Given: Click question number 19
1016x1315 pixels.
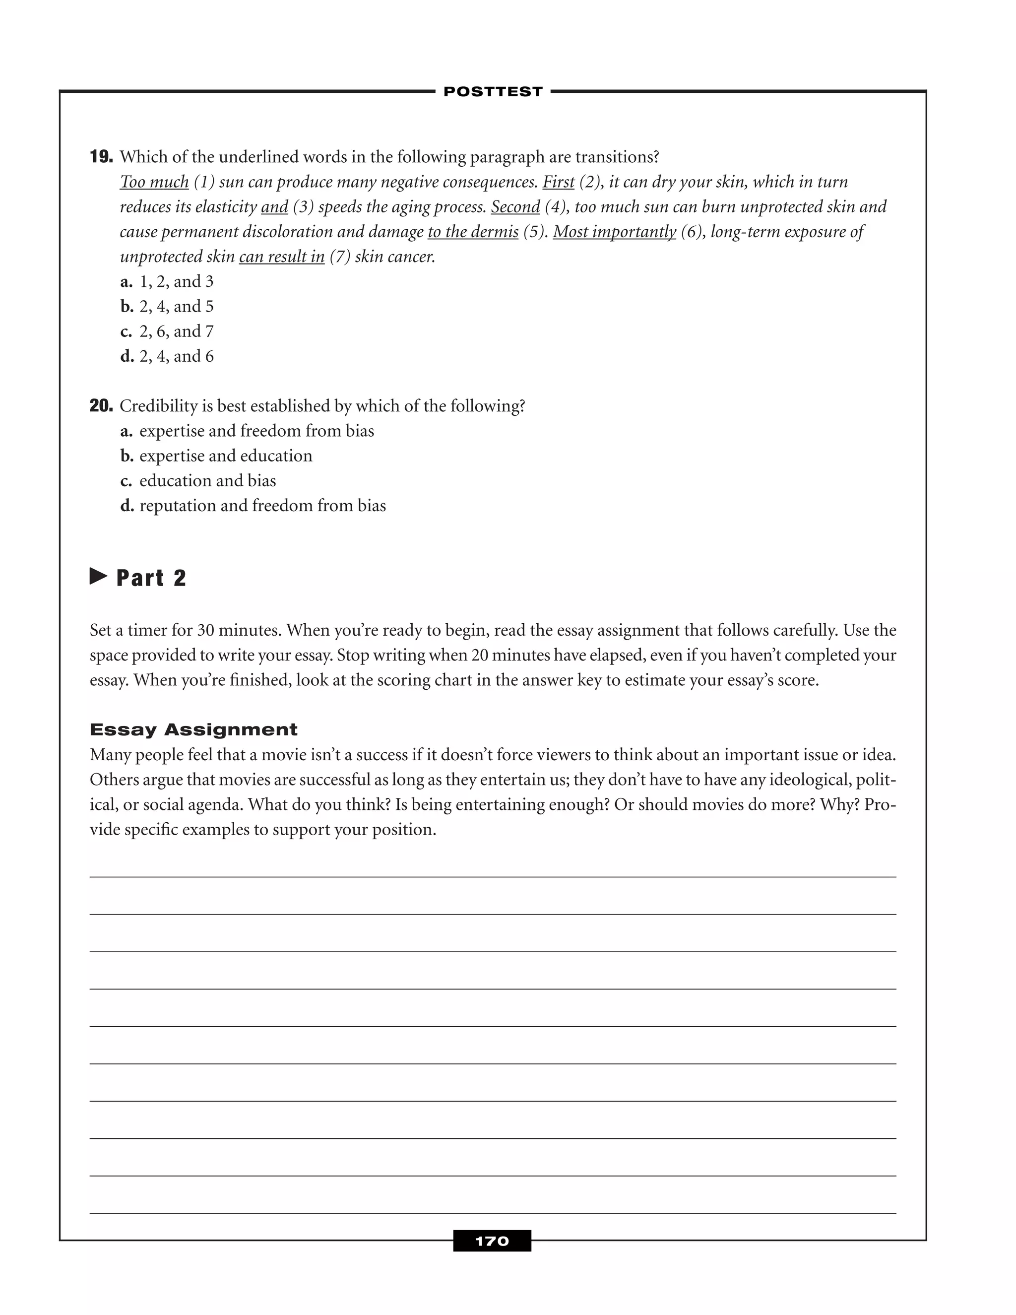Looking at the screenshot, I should click(101, 157).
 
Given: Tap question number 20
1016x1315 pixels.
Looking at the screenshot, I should click(101, 406).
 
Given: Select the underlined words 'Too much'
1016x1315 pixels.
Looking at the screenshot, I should click(154, 182).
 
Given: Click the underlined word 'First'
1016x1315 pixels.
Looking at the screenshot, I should click(558, 182).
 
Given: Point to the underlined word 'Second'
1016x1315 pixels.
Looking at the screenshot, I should click(515, 206).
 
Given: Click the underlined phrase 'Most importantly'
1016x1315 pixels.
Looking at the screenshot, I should click(614, 232).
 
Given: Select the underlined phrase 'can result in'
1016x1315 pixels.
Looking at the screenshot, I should click(282, 257).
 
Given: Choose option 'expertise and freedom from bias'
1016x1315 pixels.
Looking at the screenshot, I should click(256, 431).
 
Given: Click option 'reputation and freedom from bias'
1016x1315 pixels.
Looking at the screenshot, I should click(262, 506).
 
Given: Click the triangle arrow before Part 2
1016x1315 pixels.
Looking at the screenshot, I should click(98, 576).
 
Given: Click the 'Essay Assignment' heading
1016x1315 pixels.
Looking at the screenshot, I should click(193, 730).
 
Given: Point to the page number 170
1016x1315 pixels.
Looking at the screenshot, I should click(492, 1241).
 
